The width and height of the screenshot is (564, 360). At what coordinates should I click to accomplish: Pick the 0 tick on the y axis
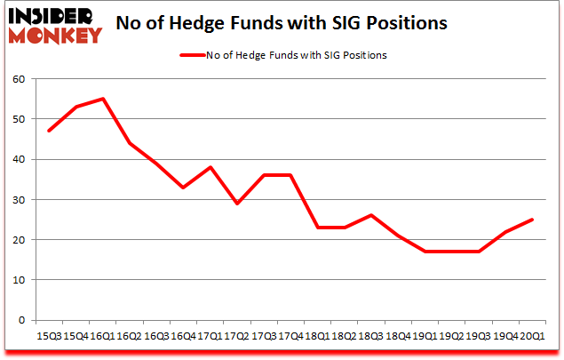pyautogui.click(x=21, y=320)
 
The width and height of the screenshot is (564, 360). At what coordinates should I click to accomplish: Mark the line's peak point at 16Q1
pyautogui.click(x=103, y=99)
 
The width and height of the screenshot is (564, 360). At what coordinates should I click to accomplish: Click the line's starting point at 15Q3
pyautogui.click(x=49, y=131)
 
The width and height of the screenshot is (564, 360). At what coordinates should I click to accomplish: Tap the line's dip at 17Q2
pyautogui.click(x=236, y=204)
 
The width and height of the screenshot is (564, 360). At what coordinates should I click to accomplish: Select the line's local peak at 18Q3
pyautogui.click(x=370, y=215)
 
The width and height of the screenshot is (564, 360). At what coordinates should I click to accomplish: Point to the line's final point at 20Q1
pyautogui.click(x=531, y=220)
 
